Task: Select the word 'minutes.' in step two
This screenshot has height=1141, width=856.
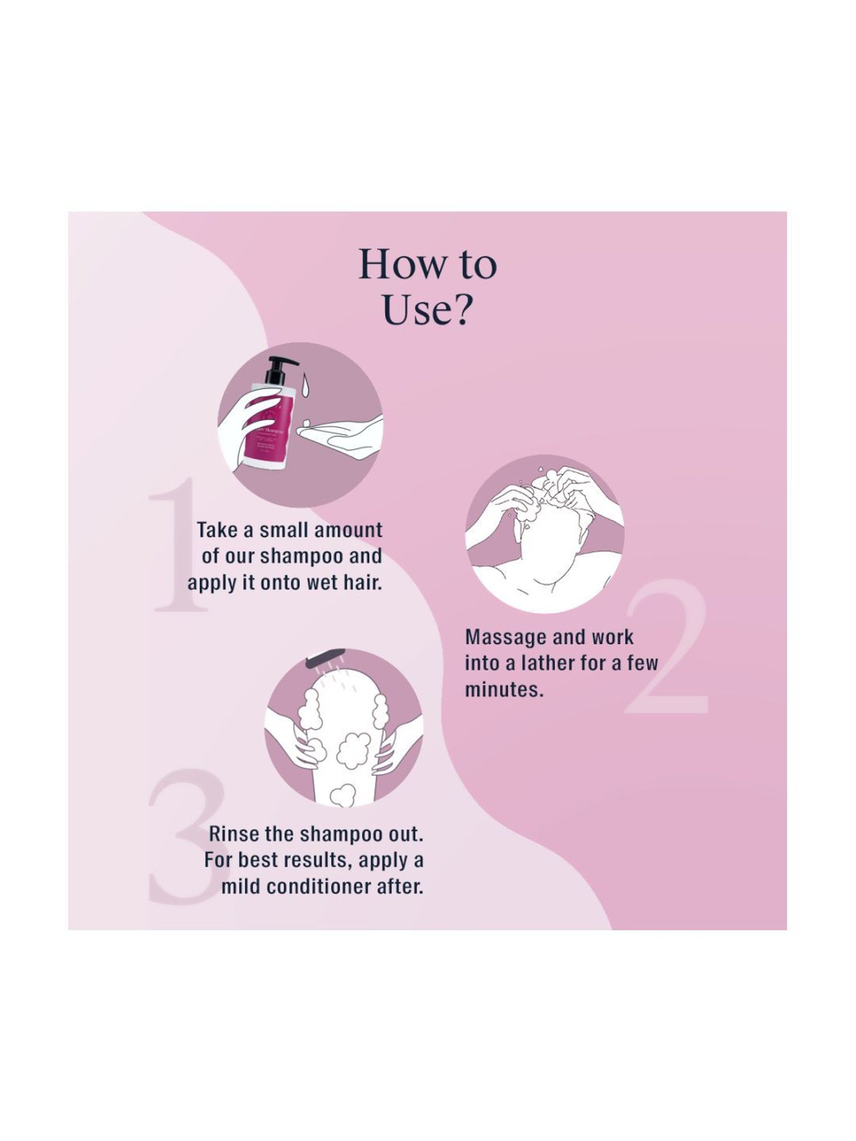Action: click(x=502, y=689)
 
